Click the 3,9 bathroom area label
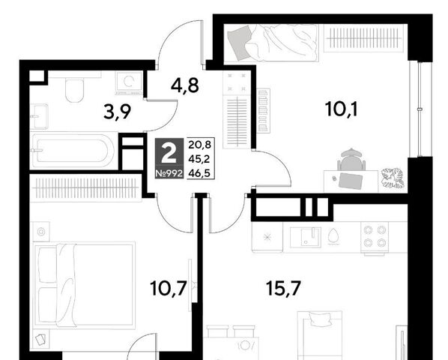coord(117,112)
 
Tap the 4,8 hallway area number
coord(184,85)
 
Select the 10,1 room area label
coord(341,109)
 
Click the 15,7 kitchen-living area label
coord(283,288)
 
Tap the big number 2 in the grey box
coord(169,153)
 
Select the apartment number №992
coord(169,173)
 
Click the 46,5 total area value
coord(199,173)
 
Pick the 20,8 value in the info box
coord(199,145)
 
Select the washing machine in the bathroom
coord(129,83)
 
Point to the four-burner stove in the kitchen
coord(375,236)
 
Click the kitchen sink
coord(306,237)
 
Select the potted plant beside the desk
coord(393,178)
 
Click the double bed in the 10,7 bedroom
coord(84,285)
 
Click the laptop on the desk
coord(351,181)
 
